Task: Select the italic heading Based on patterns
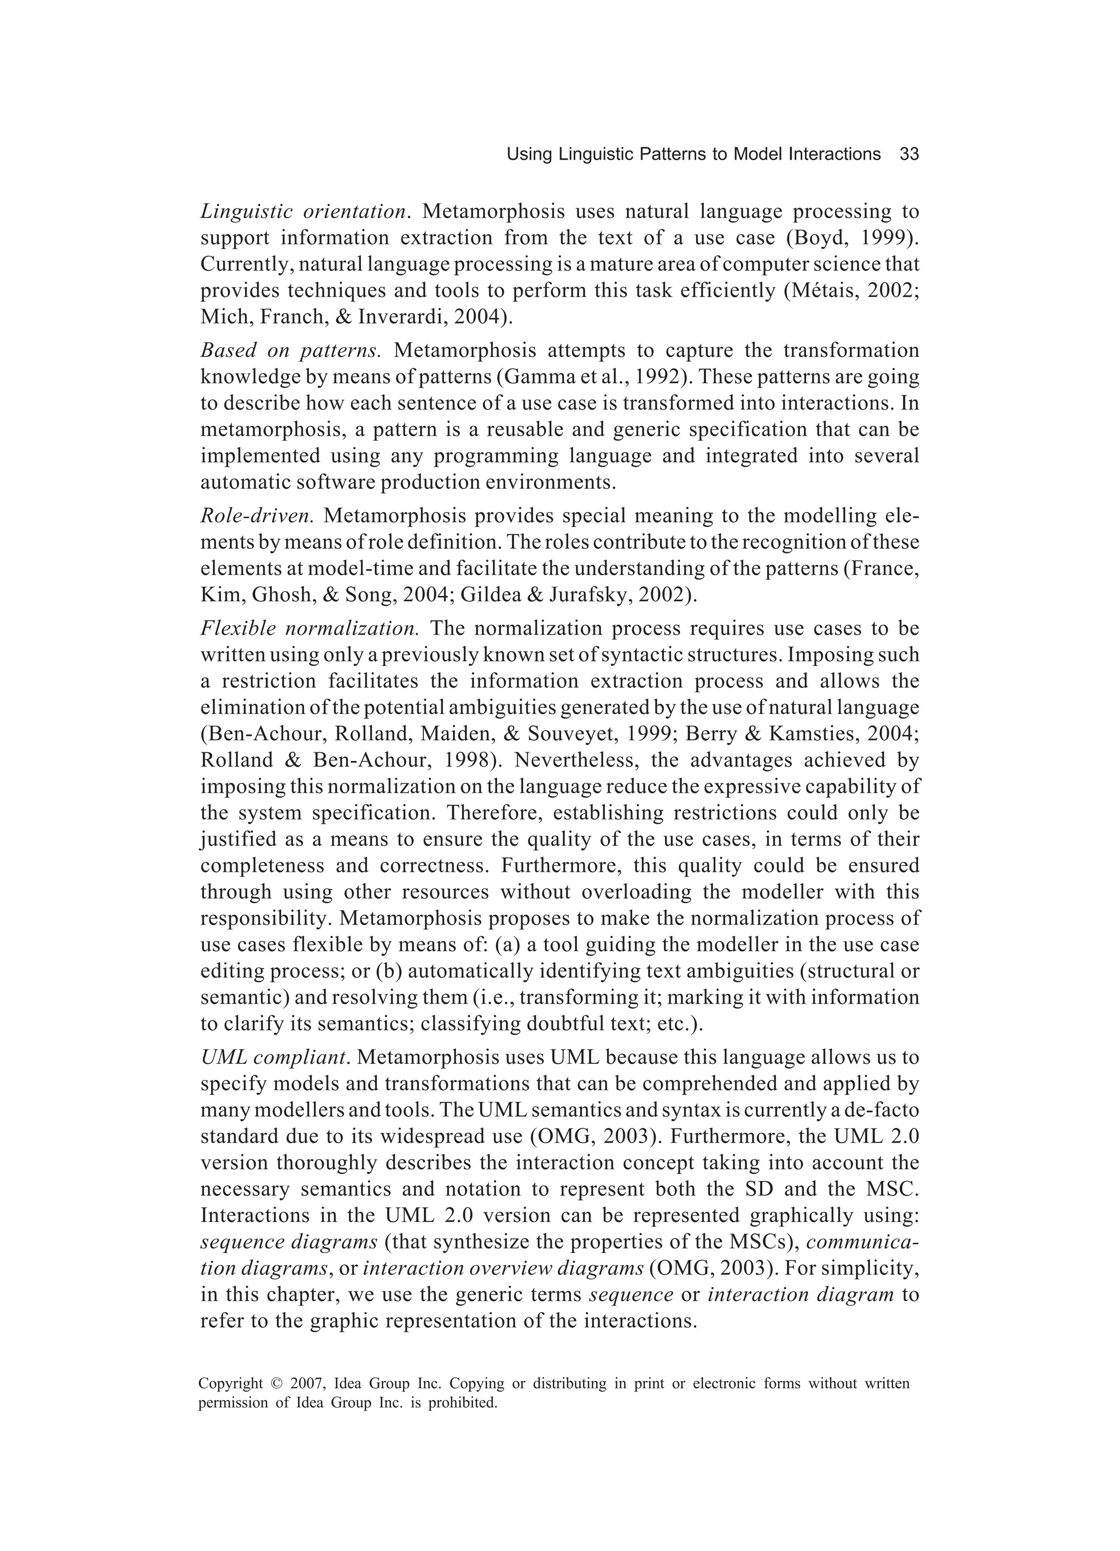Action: pyautogui.click(x=290, y=351)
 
